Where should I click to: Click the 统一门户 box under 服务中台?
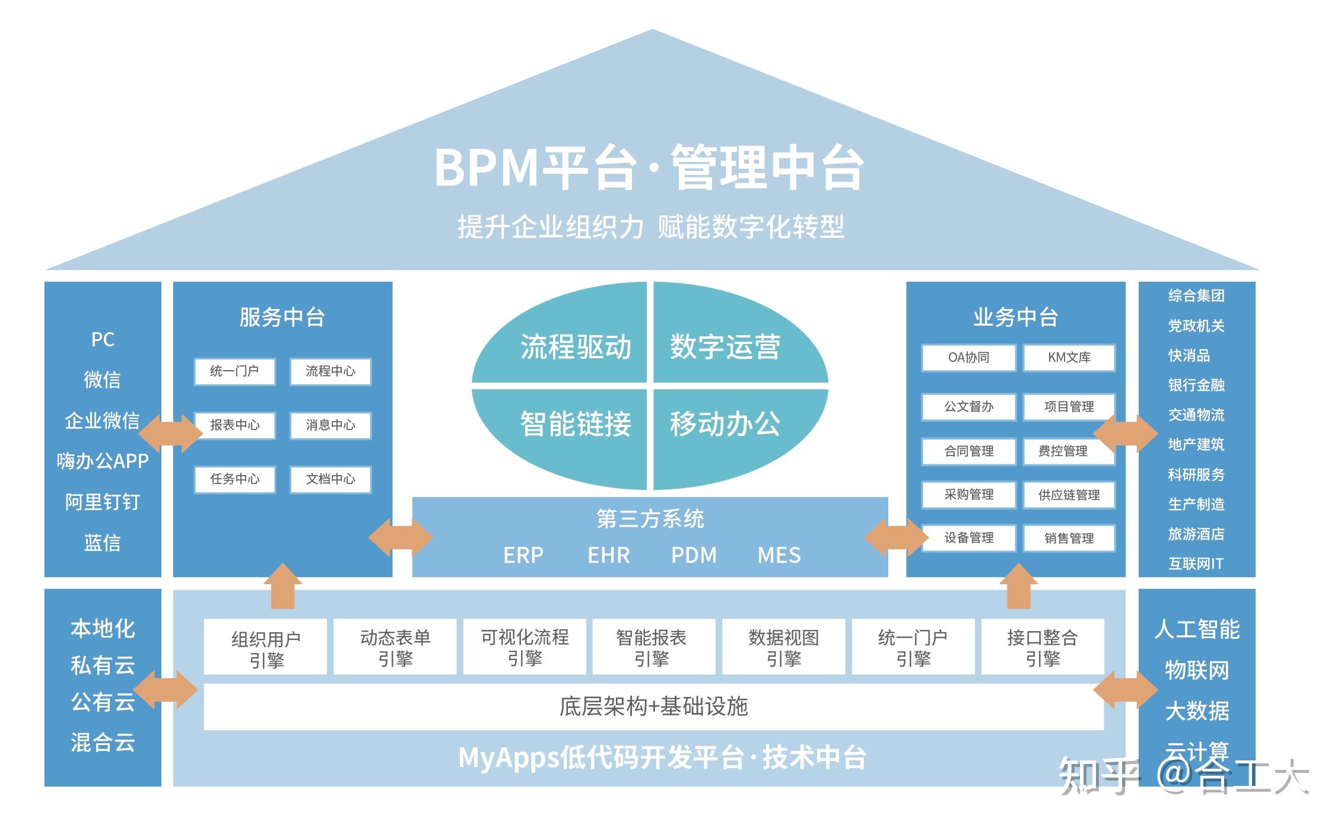click(234, 371)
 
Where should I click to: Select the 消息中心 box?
click(331, 425)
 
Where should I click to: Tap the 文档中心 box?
click(331, 479)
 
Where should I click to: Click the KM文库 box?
click(1069, 358)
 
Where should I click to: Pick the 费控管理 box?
click(1063, 451)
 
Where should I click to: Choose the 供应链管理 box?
click(1069, 495)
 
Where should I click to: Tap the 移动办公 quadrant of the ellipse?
click(725, 424)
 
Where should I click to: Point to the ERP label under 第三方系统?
click(523, 555)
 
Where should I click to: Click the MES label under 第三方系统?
click(779, 555)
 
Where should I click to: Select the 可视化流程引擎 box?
click(525, 647)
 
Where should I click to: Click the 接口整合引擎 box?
click(1043, 647)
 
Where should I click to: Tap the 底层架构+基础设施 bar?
click(653, 706)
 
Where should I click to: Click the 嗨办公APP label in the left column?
click(103, 461)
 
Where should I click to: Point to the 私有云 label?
click(103, 666)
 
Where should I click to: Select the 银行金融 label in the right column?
click(1196, 385)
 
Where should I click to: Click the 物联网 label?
click(1196, 670)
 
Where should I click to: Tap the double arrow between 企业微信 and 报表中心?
click(170, 433)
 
